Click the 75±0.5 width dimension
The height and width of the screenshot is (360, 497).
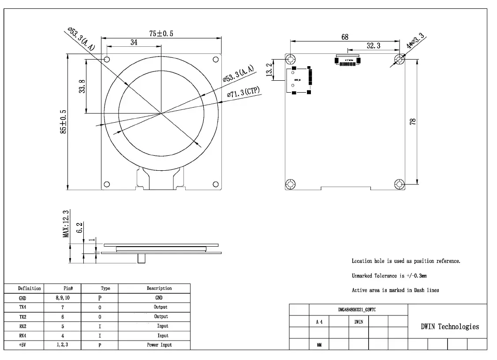pyautogui.click(x=161, y=34)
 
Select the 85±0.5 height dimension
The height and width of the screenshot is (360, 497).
pyautogui.click(x=64, y=122)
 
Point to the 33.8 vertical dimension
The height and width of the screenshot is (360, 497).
pyautogui.click(x=82, y=86)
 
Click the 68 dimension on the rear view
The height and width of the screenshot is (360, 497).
pyautogui.click(x=345, y=37)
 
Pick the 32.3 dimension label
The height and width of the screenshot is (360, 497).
pyautogui.click(x=374, y=45)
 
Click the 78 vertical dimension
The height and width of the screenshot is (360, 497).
pyautogui.click(x=413, y=122)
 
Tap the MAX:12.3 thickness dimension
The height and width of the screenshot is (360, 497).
pyautogui.click(x=66, y=224)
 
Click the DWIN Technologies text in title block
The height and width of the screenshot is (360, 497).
pyautogui.click(x=449, y=326)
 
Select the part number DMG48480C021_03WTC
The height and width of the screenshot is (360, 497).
pyautogui.click(x=357, y=310)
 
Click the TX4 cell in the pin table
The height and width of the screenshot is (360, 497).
pyautogui.click(x=22, y=307)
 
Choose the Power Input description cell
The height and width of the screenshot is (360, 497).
pyautogui.click(x=159, y=345)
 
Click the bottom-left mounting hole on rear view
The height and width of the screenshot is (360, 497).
pyautogui.click(x=291, y=184)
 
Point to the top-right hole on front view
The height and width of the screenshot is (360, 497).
pyautogui.click(x=216, y=59)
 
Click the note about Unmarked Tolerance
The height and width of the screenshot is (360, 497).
pyautogui.click(x=389, y=276)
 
